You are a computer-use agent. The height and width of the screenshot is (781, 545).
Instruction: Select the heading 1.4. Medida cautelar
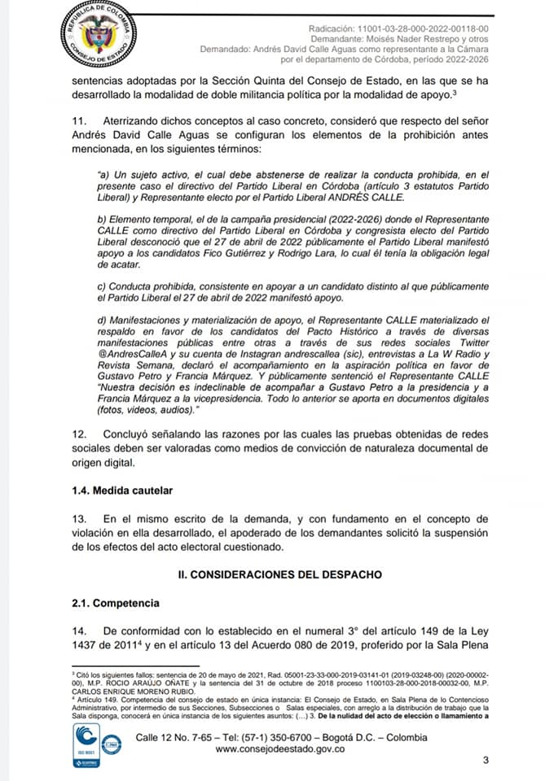(120, 491)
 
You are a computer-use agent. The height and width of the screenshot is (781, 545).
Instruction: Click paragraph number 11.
(77, 120)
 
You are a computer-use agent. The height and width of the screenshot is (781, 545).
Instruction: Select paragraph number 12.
(78, 434)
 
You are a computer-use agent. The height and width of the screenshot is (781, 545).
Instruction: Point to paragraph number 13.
(78, 518)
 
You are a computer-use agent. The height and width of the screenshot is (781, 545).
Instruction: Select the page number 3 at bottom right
(486, 761)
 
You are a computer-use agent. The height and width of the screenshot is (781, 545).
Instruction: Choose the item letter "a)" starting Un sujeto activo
(102, 175)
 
